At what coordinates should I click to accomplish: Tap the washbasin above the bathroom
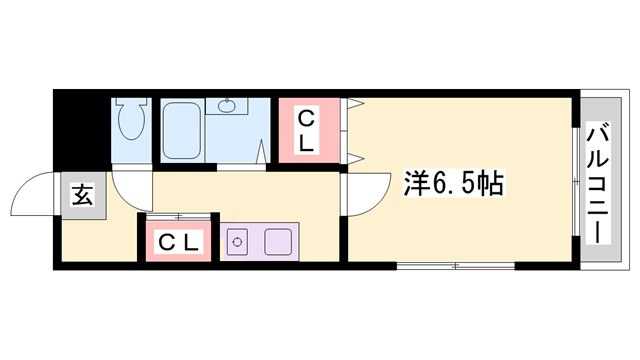(226, 105)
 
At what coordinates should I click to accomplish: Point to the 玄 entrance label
(81, 196)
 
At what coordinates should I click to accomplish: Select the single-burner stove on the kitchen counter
(238, 241)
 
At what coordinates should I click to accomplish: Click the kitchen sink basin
(276, 241)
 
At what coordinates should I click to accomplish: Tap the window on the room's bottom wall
(455, 267)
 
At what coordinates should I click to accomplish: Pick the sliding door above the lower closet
(180, 216)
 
